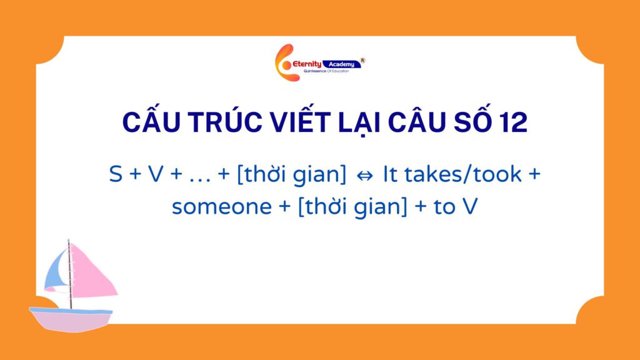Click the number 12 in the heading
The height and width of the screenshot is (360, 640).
click(x=511, y=122)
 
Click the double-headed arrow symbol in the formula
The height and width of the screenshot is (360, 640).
click(x=364, y=176)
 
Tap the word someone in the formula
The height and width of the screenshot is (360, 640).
click(x=222, y=206)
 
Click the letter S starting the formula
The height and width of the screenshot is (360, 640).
click(x=116, y=174)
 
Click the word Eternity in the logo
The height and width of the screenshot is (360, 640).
click(x=307, y=64)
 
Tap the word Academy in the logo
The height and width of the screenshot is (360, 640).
click(x=342, y=64)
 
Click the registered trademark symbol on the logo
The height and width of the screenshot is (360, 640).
click(x=362, y=61)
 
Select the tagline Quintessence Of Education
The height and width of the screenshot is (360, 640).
click(x=326, y=71)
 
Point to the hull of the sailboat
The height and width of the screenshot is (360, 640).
click(x=71, y=319)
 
